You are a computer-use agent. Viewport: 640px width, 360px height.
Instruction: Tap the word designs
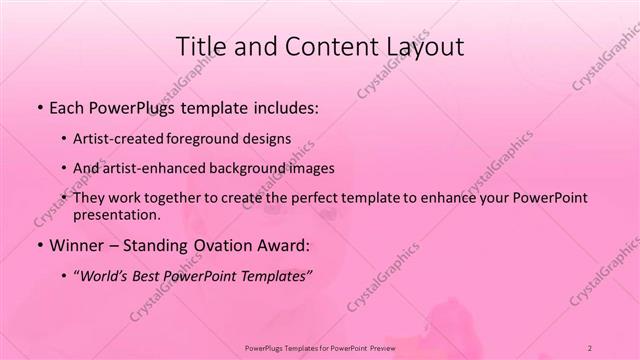point(269,139)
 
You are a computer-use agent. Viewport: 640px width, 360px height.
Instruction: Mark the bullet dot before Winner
point(38,245)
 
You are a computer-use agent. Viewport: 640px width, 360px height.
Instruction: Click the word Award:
point(283,244)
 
